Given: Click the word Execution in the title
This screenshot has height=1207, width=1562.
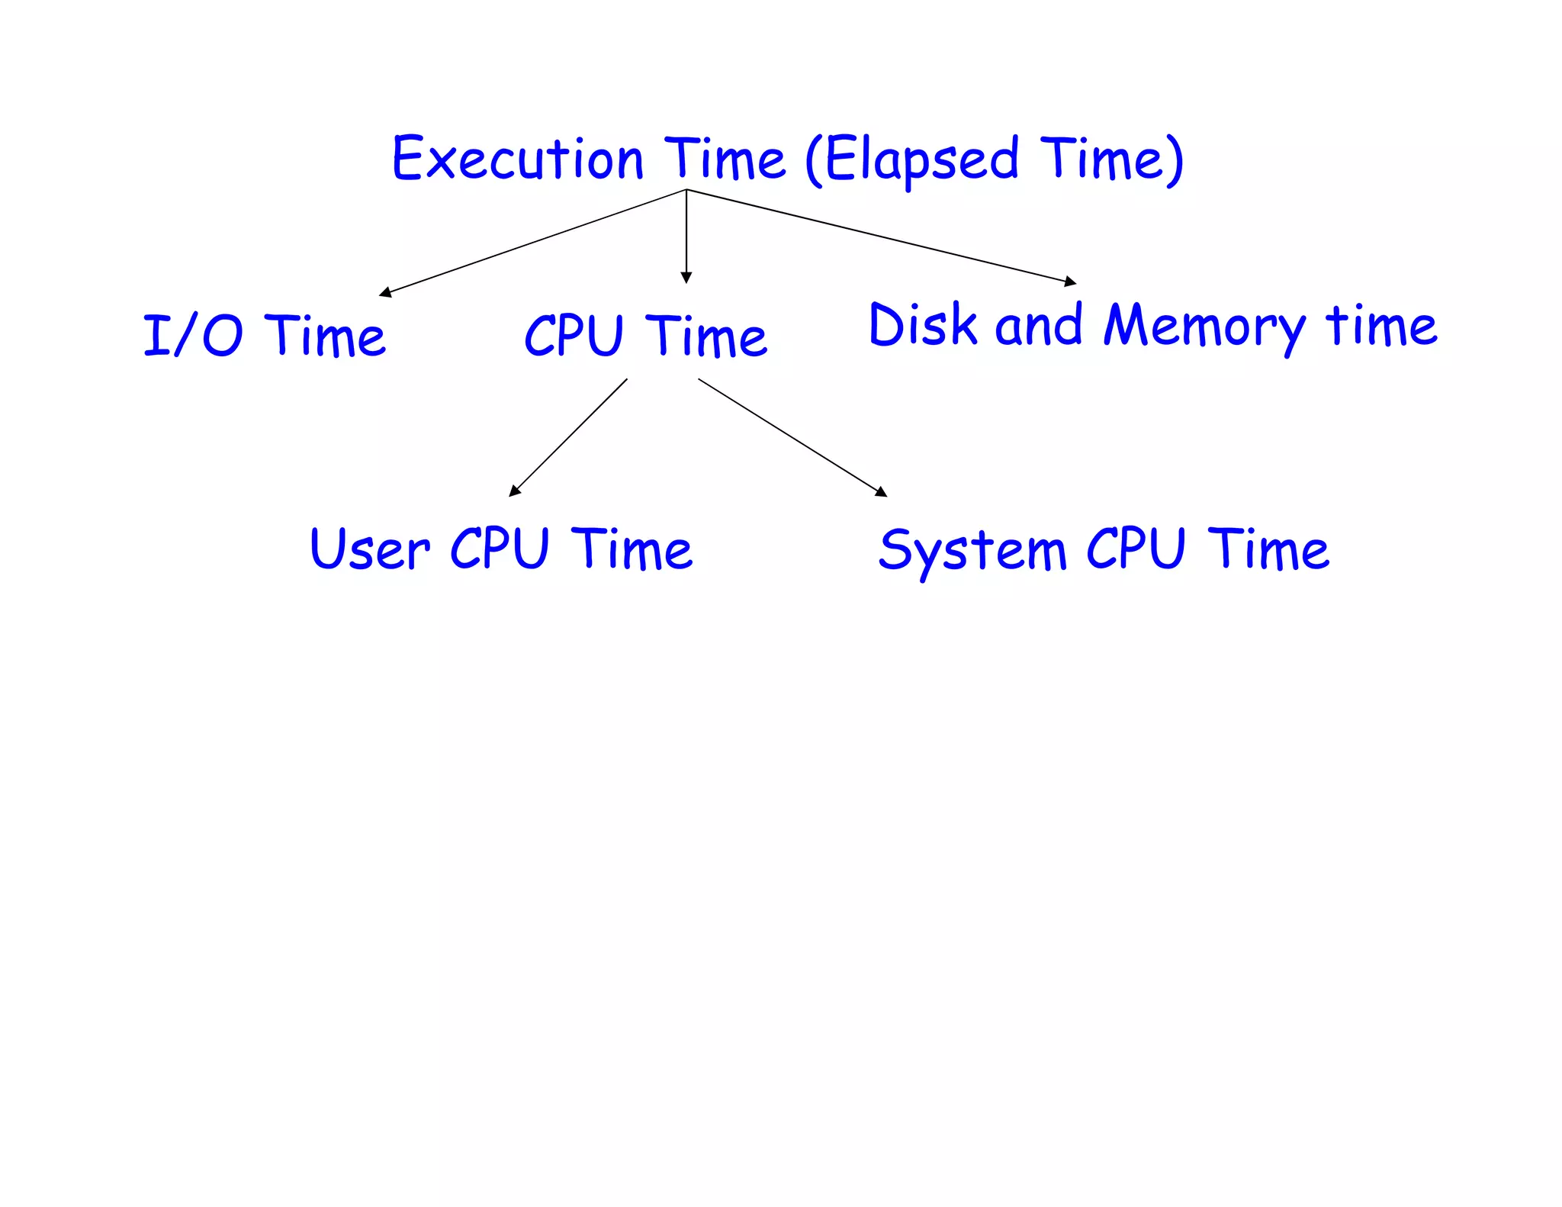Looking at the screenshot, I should click(518, 160).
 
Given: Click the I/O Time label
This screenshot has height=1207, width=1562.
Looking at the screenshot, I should click(264, 336).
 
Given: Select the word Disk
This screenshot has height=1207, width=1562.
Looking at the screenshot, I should click(923, 325).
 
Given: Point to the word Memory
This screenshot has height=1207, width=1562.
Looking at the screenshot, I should click(1205, 327).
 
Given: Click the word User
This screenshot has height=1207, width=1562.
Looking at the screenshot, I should click(369, 549).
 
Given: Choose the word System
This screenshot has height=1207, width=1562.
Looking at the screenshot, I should click(972, 551).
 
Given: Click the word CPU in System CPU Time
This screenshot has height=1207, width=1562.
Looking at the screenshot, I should click(1136, 549).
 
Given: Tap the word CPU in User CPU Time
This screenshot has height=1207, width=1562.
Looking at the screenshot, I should click(500, 549).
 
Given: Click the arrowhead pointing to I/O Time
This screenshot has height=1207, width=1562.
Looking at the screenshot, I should click(385, 292).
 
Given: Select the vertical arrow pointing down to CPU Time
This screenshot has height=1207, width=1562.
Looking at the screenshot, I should click(686, 237).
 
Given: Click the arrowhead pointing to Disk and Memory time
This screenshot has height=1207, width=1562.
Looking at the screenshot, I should click(1071, 282).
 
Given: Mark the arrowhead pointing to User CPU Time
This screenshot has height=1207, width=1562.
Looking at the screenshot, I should click(515, 491).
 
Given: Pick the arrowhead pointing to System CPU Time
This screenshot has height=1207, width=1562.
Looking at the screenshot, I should click(882, 492).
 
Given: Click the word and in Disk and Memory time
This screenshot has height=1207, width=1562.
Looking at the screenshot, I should click(1039, 326).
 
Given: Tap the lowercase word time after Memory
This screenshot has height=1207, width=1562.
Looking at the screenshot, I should click(1381, 327).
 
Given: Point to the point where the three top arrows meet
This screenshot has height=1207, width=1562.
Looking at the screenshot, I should click(686, 189).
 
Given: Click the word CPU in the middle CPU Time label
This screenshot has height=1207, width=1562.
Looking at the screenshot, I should click(574, 336).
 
